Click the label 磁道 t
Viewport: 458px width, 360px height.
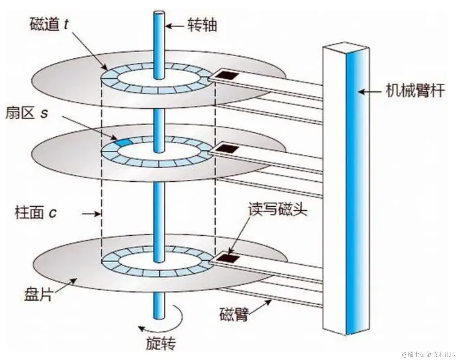49,25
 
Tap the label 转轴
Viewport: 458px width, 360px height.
202,26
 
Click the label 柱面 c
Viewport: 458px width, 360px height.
36,213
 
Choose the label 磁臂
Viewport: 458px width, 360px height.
234,314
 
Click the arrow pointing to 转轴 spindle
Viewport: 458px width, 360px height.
175,26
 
